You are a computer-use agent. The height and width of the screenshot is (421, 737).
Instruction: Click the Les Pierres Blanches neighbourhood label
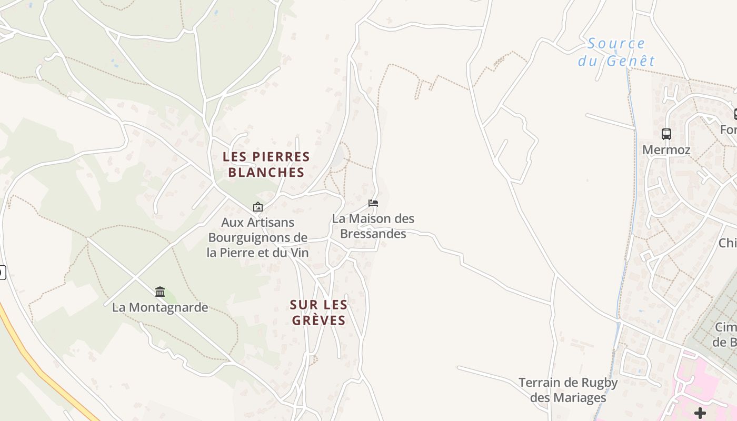tap(266, 164)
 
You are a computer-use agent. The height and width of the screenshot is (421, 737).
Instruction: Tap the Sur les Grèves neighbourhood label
tap(318, 312)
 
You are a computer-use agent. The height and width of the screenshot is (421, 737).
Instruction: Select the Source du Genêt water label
tap(616, 52)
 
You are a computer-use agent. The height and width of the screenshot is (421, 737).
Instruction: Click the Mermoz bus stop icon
tap(666, 134)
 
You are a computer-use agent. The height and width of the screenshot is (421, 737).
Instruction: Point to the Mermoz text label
tap(666, 150)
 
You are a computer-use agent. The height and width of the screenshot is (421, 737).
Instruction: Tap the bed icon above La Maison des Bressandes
tap(373, 203)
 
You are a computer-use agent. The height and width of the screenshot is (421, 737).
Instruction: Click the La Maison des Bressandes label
tap(373, 226)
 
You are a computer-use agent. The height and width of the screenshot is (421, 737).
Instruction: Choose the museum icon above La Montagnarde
tap(160, 292)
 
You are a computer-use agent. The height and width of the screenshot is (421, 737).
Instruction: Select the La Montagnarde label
tap(160, 307)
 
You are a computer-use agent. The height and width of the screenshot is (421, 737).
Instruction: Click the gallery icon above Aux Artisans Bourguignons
tap(257, 207)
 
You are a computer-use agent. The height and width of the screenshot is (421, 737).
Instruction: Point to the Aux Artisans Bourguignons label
tap(257, 237)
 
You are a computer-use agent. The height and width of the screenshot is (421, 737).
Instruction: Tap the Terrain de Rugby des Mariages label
tap(568, 390)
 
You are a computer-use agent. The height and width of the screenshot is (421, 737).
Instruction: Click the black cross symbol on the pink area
tap(700, 413)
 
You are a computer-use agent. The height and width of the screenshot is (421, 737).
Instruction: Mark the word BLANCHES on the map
tap(266, 172)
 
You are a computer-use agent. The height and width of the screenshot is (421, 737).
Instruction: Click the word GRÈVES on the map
tap(318, 320)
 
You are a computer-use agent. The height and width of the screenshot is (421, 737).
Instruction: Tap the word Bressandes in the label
tap(373, 234)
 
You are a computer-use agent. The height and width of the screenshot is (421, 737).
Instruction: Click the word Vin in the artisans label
tap(298, 253)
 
